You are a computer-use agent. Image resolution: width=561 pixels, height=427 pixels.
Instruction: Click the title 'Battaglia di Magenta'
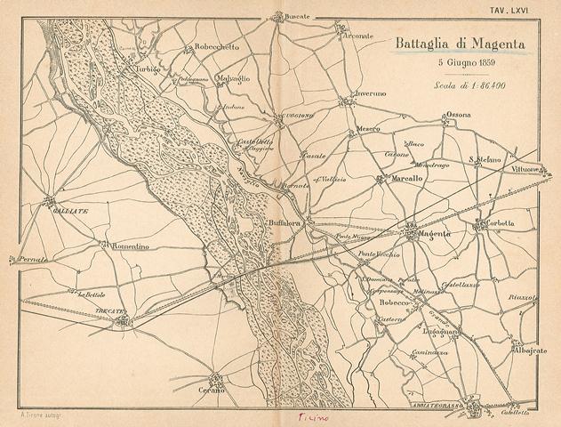[x=459, y=43]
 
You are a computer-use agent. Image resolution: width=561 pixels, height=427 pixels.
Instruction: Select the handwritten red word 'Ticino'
[x=313, y=417]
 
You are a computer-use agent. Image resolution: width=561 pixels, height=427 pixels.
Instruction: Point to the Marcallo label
[x=406, y=179]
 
